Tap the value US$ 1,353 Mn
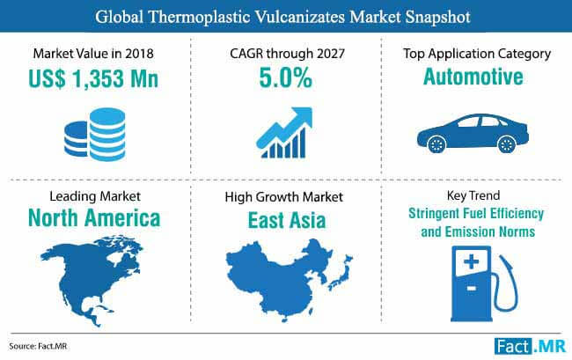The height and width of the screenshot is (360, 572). click(x=93, y=78)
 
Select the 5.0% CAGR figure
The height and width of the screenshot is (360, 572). click(x=286, y=78)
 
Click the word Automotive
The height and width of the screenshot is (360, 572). click(x=473, y=77)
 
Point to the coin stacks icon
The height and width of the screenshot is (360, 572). click(x=95, y=134)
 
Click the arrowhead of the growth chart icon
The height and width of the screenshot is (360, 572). click(x=302, y=117)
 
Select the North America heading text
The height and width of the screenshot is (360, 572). click(x=94, y=218)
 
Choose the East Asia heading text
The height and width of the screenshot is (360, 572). click(x=287, y=221)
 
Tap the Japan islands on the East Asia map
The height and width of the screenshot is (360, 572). click(x=341, y=273)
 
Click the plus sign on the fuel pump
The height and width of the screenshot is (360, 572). click(x=471, y=261)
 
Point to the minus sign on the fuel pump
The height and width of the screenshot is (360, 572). click(x=471, y=289)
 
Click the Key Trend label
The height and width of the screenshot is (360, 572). click(x=473, y=195)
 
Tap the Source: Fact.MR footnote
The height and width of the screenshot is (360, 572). click(x=38, y=346)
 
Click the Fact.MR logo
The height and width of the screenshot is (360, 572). click(x=530, y=347)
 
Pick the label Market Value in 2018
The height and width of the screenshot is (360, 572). click(x=93, y=54)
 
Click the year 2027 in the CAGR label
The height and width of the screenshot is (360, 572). click(x=331, y=54)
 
